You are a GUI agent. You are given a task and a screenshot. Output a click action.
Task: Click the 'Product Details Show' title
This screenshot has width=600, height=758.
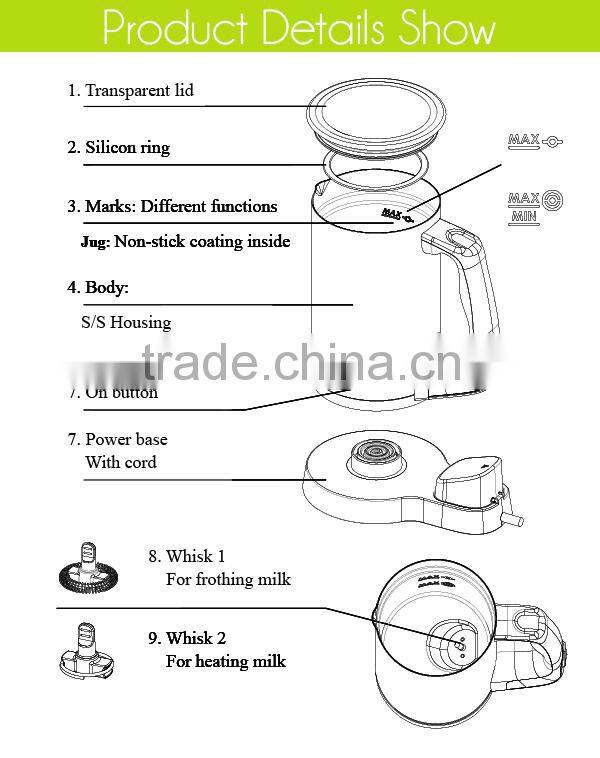pos(299,28)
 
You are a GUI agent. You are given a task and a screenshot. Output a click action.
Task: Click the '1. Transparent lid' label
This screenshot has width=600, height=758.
pos(130,90)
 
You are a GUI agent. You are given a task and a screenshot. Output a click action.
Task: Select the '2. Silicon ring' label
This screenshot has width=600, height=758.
pos(118,147)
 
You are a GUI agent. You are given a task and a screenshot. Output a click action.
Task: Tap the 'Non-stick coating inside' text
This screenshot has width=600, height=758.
pos(202,241)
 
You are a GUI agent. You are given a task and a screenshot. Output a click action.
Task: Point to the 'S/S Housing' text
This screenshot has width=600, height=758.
pos(126,322)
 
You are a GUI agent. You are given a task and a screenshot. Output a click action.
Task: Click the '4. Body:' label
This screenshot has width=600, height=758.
pos(98,287)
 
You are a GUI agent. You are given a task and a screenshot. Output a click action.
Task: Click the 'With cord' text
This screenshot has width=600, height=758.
pos(121,462)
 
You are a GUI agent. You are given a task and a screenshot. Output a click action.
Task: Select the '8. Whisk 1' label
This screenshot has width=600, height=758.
pos(186,556)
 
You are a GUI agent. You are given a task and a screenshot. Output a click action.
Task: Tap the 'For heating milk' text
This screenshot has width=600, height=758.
pos(226,661)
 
